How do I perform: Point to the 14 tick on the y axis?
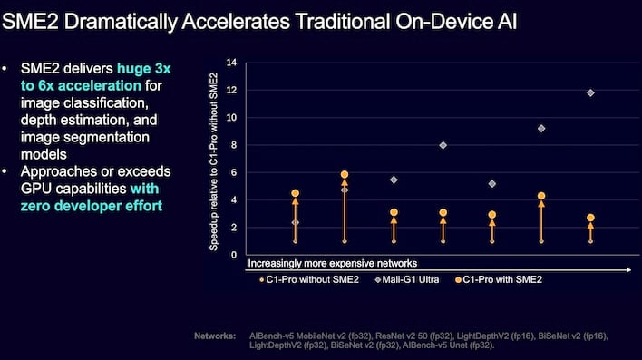(231, 63)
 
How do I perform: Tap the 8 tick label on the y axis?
(233, 145)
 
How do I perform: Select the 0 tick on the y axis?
(233, 255)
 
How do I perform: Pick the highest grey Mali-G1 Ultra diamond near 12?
(590, 92)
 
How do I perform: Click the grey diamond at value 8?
(443, 145)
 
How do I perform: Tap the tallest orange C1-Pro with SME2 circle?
(345, 174)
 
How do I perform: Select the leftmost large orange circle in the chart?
(295, 193)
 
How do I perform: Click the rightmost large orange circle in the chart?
(590, 218)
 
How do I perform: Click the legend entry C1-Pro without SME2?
(295, 280)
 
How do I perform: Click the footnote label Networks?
(216, 336)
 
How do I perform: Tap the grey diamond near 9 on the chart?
(541, 129)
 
